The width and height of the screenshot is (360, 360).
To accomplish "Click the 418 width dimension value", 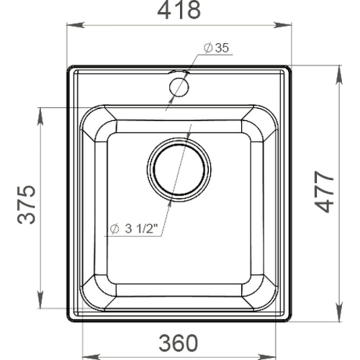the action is (x=179, y=9).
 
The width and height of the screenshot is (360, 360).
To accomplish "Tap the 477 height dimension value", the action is (x=324, y=192).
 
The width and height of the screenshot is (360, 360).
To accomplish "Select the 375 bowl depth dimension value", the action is (x=27, y=204).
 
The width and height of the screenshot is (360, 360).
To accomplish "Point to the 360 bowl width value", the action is (x=179, y=343).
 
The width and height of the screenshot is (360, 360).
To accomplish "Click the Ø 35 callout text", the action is (x=217, y=48).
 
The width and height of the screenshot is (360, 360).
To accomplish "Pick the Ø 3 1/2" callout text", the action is (x=133, y=229).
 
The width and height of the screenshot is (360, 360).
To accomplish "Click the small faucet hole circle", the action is (x=179, y=87).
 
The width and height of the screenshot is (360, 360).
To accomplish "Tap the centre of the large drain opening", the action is (x=179, y=169).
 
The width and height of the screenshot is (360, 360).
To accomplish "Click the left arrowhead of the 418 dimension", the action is (x=76, y=25).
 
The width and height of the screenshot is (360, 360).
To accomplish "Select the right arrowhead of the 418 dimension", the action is (x=282, y=25).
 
